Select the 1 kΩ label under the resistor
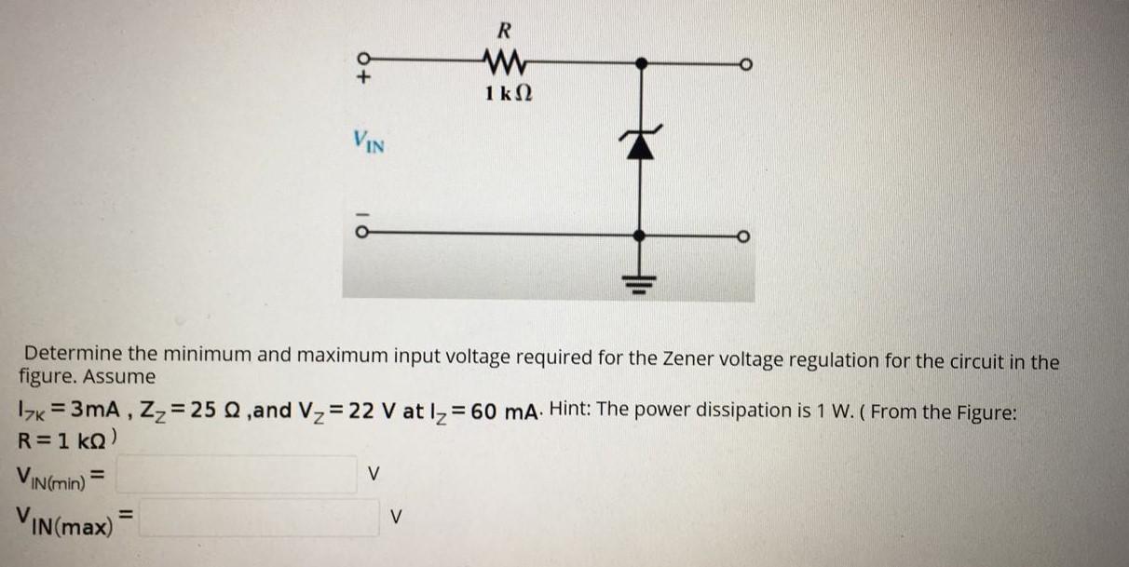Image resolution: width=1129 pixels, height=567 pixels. (509, 93)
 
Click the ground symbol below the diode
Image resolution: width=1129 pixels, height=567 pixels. (641, 277)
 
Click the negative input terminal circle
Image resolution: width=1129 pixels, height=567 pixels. (366, 234)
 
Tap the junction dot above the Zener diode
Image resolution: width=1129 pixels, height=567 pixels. (641, 63)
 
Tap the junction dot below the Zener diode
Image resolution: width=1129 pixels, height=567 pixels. (641, 235)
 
